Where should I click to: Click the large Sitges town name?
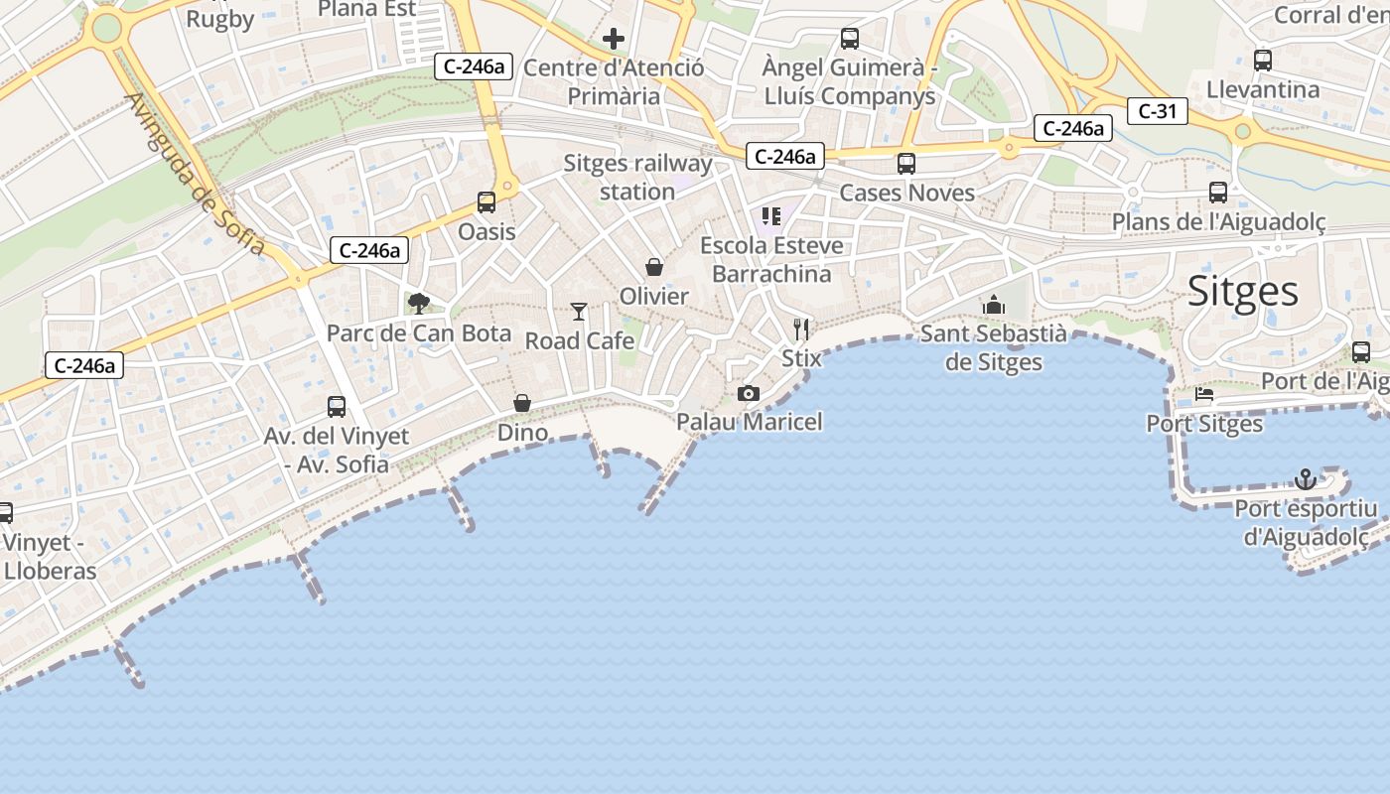pos(1243,292)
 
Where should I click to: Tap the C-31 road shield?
pos(1157,111)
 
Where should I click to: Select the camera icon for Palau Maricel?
pos(749,394)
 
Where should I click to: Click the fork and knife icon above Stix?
pos(801,330)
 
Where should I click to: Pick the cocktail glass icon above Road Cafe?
pos(579,312)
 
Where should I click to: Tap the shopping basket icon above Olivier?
pos(654,267)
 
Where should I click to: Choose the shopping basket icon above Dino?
pos(522,403)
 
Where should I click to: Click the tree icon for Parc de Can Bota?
pos(419,303)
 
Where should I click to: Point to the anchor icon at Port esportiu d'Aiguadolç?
pos(1306,480)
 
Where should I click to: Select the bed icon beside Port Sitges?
pos(1204,394)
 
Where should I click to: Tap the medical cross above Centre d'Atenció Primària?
pos(614,40)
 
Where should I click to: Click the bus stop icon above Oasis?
pos(486,202)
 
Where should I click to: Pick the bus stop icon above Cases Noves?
pos(906,164)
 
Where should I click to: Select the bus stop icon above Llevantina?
pos(1263,61)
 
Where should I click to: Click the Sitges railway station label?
pos(638,177)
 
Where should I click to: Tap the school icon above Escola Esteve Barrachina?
pos(771,215)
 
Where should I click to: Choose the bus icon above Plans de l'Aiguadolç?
pos(1218,193)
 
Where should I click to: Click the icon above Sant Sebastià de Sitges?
pos(994,305)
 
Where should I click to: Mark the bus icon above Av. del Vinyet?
pos(337,407)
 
